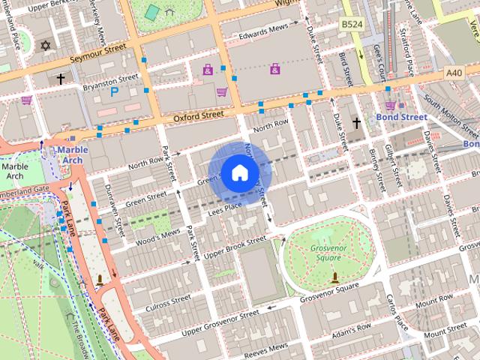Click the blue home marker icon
(238, 172)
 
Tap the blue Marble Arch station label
(73, 154)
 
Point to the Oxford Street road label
(199, 116)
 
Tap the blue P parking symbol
(115, 91)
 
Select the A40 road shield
(454, 73)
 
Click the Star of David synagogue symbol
(45, 46)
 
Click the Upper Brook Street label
(235, 247)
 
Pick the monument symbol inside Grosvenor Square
(334, 277)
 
